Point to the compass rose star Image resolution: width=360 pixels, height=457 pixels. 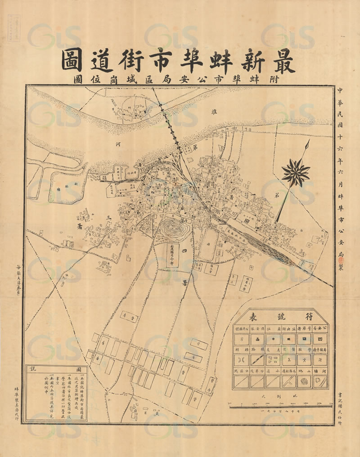click(x=296, y=172)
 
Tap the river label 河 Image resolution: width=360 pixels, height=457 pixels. click(x=118, y=145)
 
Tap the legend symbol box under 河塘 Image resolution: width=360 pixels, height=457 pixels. click(x=321, y=381)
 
